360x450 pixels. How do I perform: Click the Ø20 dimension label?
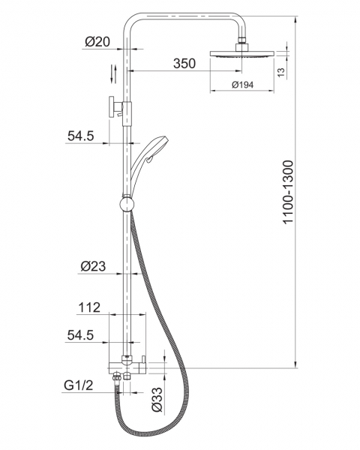[97, 42]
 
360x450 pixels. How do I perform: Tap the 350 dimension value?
[184, 64]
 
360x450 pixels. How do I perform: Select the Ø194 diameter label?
[242, 85]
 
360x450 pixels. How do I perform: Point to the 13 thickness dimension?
[281, 72]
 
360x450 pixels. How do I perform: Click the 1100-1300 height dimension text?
[288, 192]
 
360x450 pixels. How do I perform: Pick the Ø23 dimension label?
[93, 266]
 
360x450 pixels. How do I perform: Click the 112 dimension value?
[89, 307]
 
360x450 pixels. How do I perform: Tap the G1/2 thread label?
[79, 385]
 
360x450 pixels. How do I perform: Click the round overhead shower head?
[242, 54]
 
